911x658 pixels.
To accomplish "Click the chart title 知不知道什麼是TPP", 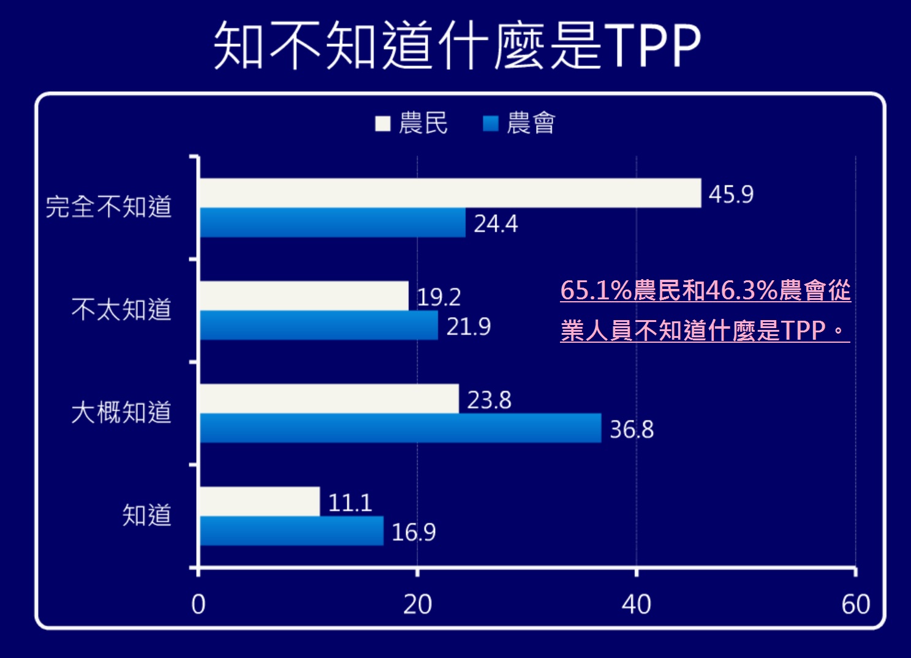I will pos(456,45).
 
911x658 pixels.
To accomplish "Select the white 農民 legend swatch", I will pos(383,124).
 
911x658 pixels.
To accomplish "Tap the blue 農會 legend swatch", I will pos(491,124).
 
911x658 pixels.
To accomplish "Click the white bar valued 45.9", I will pos(450,193).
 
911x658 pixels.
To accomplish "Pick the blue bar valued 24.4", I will pos(333,223).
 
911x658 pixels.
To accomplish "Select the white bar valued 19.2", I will pos(304,296).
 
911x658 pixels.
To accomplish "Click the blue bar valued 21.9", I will pos(319,326).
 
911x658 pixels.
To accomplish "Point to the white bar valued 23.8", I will pos(329,398).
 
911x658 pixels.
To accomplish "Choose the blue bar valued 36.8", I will pos(401,428).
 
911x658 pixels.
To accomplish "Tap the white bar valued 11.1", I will pos(260,501).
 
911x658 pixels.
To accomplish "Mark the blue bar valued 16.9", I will pos(292,531).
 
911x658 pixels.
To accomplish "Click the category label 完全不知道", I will pos(108,207).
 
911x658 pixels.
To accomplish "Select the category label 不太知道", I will pos(121,310).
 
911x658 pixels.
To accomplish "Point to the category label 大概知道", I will pos(121,413).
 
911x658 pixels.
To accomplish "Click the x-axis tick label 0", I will pos(198,605).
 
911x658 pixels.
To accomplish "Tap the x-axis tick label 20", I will pos(417,605).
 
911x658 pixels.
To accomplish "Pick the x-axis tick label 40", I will pos(636,605).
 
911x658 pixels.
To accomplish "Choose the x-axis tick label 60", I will pos(855,605).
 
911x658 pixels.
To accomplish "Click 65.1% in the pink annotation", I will pos(595,290).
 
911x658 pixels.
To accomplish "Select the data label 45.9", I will pos(730,195).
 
